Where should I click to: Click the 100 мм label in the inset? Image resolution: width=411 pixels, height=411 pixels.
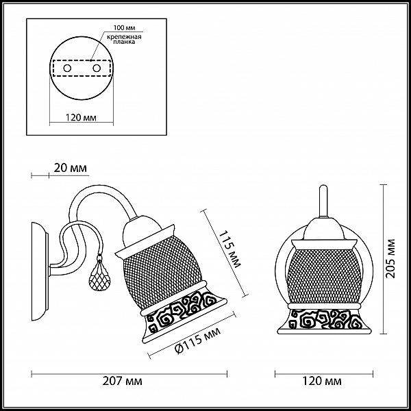124,28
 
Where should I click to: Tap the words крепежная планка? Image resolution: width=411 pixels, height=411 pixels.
124,39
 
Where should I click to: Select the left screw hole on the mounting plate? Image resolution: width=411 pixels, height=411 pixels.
67,68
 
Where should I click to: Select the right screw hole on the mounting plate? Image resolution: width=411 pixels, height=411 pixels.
97,68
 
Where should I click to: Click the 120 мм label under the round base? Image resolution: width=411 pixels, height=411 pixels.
81,117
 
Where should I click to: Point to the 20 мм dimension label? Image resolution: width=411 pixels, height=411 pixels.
71,168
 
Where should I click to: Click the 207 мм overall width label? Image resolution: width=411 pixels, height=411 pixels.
122,381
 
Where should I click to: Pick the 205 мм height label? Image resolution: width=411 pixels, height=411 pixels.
390,258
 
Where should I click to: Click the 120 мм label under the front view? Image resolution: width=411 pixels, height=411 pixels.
322,381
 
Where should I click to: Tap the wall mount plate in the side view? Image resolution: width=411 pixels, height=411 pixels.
40,271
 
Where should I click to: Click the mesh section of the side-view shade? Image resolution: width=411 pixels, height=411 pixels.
162,273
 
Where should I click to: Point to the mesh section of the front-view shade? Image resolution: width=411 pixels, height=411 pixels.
324,276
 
